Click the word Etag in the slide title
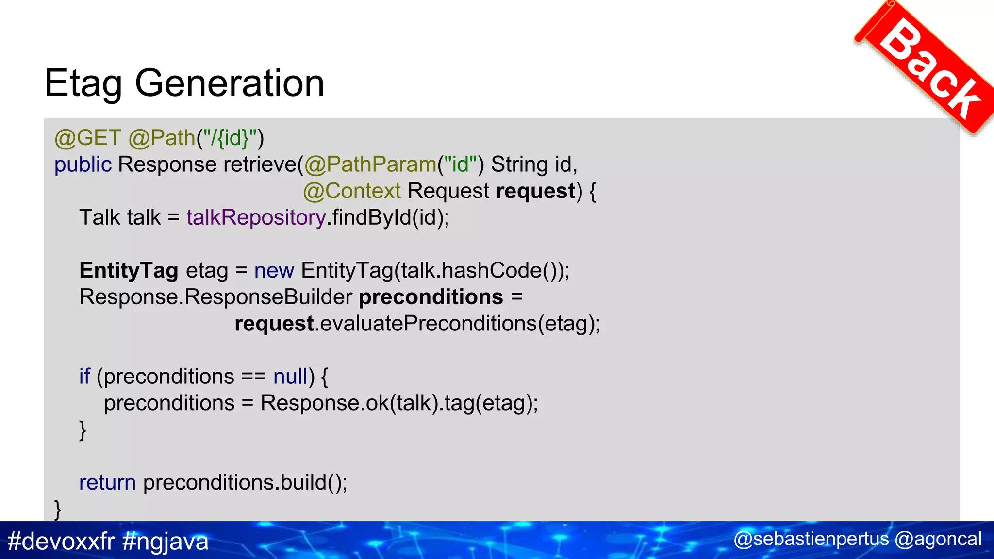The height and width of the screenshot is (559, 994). tap(83, 83)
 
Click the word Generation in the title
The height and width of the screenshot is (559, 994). tap(229, 83)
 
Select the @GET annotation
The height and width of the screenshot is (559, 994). tap(87, 138)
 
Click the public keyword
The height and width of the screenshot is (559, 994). tap(83, 165)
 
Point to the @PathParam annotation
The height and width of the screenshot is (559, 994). tap(370, 165)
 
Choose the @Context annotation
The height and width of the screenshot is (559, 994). tap(352, 191)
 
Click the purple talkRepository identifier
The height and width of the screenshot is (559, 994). tap(256, 218)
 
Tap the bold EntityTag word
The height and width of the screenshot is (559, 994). tap(129, 271)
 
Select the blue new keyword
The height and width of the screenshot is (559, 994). tap(274, 271)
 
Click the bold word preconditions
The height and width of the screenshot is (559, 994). tap(431, 297)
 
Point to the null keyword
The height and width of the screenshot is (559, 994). tap(290, 377)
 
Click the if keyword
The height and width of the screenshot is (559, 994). tap(84, 377)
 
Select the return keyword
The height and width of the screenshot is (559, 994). tap(107, 483)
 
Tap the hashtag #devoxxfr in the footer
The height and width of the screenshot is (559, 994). tap(61, 541)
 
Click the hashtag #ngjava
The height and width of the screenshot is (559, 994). tap(165, 541)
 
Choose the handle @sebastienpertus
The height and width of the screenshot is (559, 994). tap(811, 539)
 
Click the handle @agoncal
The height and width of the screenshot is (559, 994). tap(938, 539)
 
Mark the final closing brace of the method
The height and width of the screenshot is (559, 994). tap(58, 510)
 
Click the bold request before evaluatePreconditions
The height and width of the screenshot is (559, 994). tap(274, 324)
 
